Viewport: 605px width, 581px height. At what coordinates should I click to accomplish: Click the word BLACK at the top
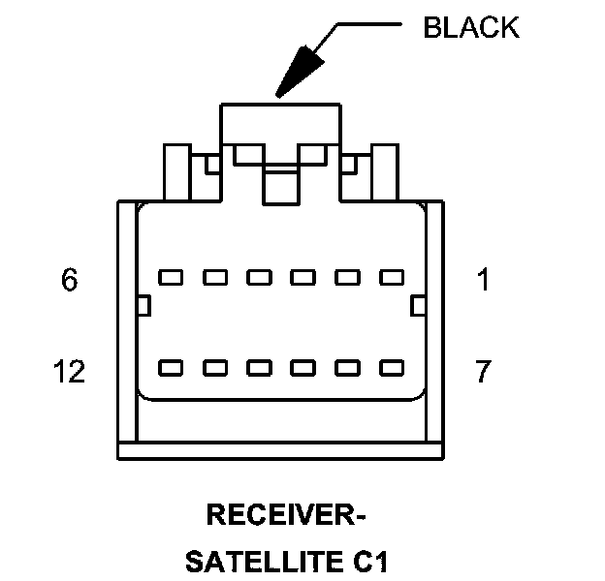tap(471, 27)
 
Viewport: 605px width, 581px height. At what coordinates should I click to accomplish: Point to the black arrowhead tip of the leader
tap(279, 93)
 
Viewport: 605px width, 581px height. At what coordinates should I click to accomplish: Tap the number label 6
tap(69, 281)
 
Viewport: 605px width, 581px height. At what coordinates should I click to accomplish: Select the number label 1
tap(484, 281)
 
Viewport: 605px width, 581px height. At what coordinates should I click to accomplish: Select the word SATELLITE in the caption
tap(255, 561)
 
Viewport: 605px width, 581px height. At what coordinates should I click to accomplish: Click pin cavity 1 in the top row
tap(391, 278)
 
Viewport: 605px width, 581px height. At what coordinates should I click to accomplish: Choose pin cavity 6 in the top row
tap(171, 278)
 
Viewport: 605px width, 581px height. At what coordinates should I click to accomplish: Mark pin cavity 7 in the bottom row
tap(391, 368)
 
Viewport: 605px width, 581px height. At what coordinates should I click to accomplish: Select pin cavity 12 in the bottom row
tap(171, 368)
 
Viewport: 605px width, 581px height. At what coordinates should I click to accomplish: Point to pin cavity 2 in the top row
tap(347, 278)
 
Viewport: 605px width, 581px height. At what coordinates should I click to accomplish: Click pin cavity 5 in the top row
tap(214, 278)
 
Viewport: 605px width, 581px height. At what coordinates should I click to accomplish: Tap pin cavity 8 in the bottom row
tap(347, 368)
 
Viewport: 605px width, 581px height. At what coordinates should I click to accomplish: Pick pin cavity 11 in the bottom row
tap(214, 368)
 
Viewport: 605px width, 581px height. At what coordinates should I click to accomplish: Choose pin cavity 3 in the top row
tap(302, 278)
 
